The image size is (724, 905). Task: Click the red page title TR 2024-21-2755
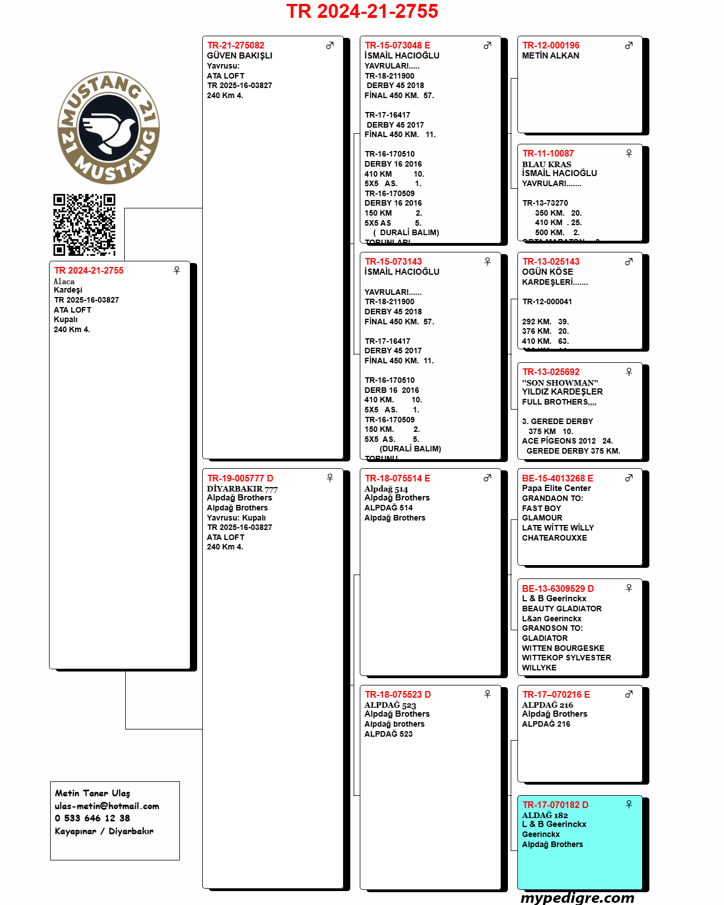[362, 11]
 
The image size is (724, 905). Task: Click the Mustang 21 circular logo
[109, 128]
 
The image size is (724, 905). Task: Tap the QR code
[84, 225]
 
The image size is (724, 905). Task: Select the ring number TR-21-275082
[236, 45]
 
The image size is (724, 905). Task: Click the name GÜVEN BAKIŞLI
[239, 56]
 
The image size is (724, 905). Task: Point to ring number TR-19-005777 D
[240, 478]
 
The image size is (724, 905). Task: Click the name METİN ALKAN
[550, 56]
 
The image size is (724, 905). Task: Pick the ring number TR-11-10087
[548, 153]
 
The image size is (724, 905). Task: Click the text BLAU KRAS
[546, 164]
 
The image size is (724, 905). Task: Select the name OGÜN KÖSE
[547, 272]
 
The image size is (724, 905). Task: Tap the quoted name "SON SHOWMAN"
[560, 383]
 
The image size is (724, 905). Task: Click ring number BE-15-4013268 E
[557, 478]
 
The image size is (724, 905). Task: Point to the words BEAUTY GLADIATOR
[561, 609]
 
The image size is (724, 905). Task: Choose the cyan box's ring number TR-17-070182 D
[555, 805]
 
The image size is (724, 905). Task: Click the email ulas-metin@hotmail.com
[107, 806]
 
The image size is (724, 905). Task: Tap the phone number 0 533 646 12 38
[92, 818]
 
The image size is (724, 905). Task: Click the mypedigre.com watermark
[578, 897]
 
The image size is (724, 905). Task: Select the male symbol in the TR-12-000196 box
[629, 45]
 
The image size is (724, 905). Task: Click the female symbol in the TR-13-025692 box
[629, 372]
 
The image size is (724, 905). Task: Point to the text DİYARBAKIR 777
[242, 489]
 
